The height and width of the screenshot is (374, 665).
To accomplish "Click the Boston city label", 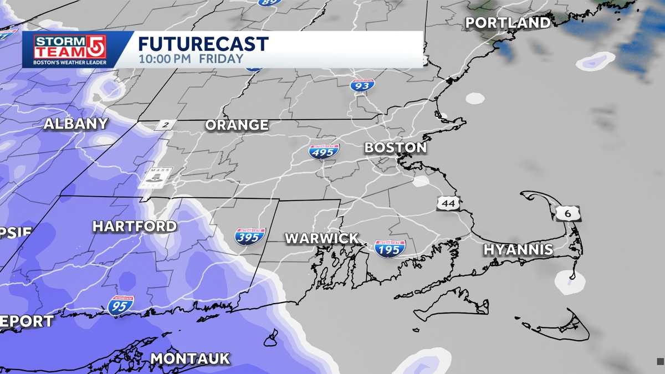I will (x=395, y=148).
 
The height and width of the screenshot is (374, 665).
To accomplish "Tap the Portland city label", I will (x=508, y=23).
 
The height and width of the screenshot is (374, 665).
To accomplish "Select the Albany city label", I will (x=76, y=124).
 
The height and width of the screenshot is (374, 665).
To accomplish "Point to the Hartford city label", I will (x=135, y=226).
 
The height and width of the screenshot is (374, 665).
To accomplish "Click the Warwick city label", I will (x=321, y=238).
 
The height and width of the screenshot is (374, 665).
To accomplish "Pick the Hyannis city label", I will (x=518, y=249).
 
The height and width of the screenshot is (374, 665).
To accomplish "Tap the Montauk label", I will (x=190, y=358).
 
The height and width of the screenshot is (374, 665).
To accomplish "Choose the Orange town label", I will (x=237, y=125).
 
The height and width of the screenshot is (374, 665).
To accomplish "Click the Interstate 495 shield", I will (x=324, y=151).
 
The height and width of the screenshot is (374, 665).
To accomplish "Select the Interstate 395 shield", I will (x=250, y=237).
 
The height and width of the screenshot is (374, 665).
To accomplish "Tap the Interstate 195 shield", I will (x=390, y=248).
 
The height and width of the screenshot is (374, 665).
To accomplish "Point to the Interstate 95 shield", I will (x=121, y=305).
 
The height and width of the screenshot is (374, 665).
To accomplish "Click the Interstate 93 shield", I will (x=362, y=85).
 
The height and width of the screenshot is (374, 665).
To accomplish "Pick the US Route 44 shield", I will (x=448, y=203).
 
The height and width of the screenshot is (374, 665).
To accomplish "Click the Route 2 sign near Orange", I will (x=165, y=125).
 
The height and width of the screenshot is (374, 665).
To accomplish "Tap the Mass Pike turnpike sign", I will (x=156, y=177).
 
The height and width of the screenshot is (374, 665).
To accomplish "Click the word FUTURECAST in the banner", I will (x=203, y=44).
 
